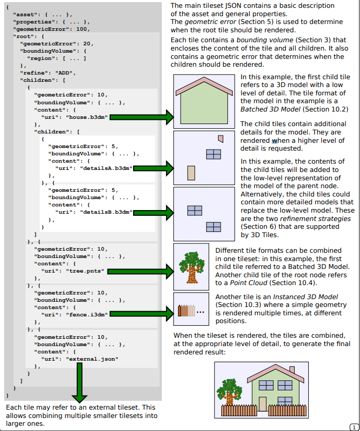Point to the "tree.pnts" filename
coord(84,271)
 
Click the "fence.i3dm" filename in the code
coord(86,315)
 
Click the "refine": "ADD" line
coord(50,73)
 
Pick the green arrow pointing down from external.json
coord(80,386)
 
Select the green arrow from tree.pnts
coord(138,271)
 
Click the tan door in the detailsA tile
coord(191,173)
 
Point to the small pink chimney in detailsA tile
coord(221,139)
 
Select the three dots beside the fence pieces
coord(201,312)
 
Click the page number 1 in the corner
coord(354,426)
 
